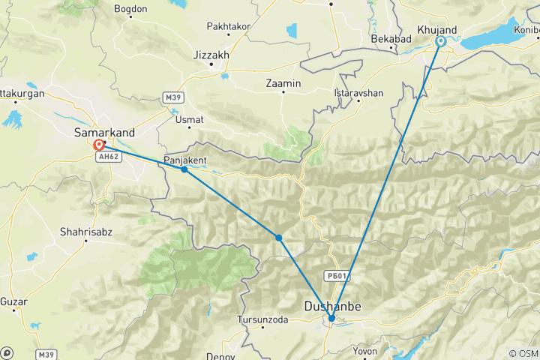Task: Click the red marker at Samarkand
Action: pyautogui.click(x=98, y=145)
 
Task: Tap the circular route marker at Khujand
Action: pyautogui.click(x=441, y=42)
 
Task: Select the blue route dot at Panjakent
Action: pyautogui.click(x=184, y=169)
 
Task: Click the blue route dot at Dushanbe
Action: pyautogui.click(x=331, y=318)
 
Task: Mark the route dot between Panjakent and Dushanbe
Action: pyautogui.click(x=278, y=238)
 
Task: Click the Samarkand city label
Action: pyautogui.click(x=105, y=133)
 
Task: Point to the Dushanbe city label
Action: pyautogui.click(x=332, y=306)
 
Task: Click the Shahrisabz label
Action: pyautogui.click(x=87, y=232)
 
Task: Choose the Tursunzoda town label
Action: pyautogui.click(x=262, y=319)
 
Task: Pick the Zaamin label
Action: pyautogui.click(x=283, y=83)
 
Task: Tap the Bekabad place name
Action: pyautogui.click(x=388, y=37)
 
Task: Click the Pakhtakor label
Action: pyautogui.click(x=226, y=26)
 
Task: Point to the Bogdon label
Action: pyautogui.click(x=130, y=9)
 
